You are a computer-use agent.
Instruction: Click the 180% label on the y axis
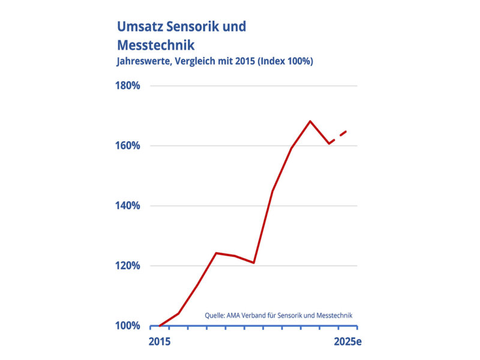127,86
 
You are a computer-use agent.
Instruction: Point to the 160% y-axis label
127,146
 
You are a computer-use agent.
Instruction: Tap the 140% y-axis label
127,206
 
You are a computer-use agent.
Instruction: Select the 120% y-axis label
127,266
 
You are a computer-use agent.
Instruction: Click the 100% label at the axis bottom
127,326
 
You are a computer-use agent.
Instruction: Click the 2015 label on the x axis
160,343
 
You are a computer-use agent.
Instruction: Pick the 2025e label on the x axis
346,343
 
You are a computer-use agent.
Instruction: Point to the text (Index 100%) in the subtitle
281,61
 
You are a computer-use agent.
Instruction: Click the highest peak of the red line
310,121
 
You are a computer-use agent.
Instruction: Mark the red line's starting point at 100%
160,326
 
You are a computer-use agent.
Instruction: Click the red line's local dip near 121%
254,263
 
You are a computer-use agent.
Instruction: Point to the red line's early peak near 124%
216,253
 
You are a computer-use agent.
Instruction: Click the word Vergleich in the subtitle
194,61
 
